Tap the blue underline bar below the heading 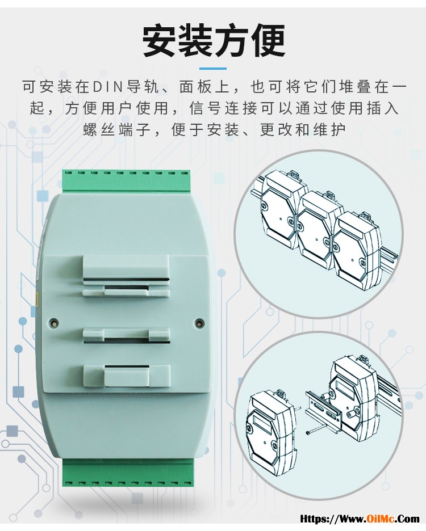coord(212,69)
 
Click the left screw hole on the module coord(53,322)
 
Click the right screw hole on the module coord(200,323)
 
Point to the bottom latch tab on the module coord(127,376)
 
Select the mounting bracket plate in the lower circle coord(324,410)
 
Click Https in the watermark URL coord(314,519)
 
